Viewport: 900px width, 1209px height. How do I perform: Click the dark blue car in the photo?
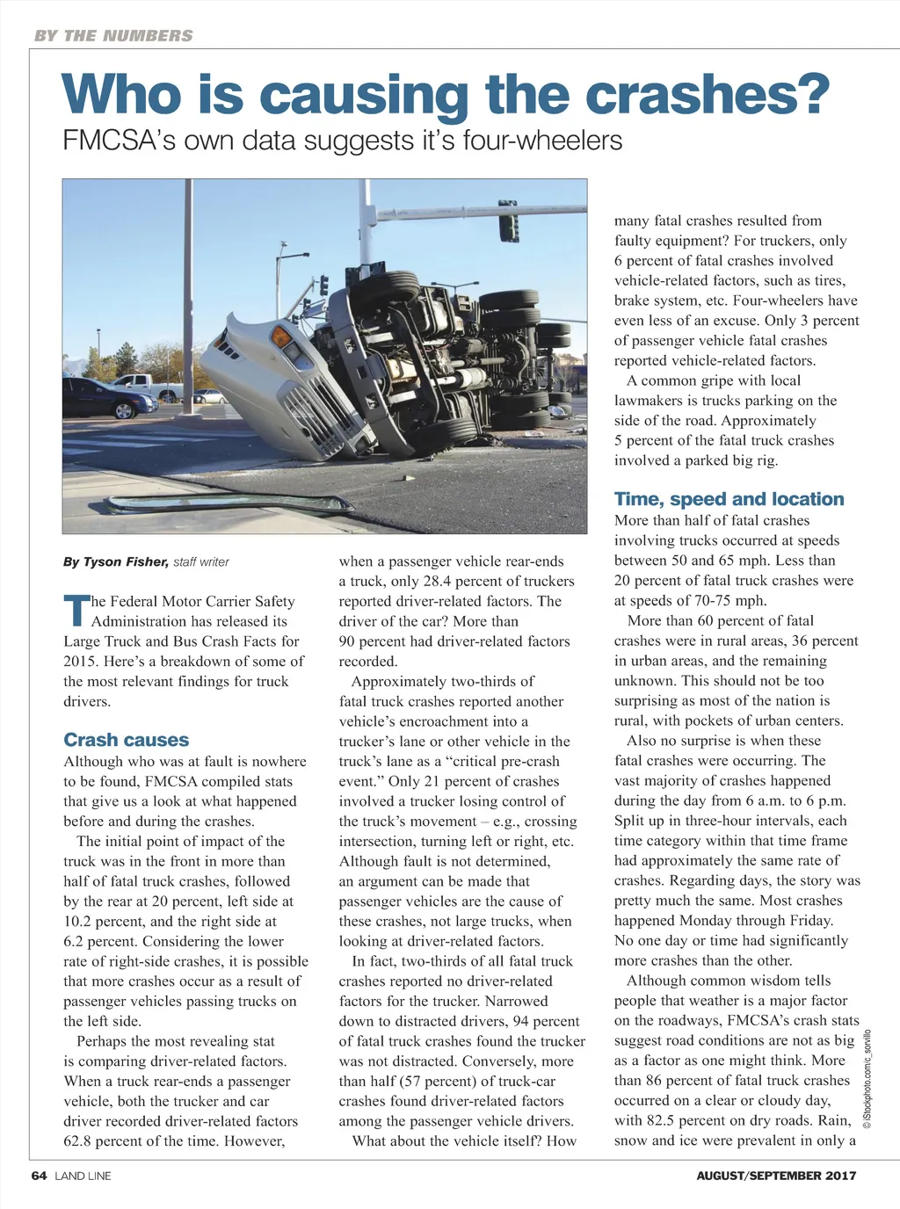108,396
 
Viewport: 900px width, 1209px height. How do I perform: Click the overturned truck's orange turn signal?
281,337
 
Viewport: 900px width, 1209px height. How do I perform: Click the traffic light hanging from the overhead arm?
508,221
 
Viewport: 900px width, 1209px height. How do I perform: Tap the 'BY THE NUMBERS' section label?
112,36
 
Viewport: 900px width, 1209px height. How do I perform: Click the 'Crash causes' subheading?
126,740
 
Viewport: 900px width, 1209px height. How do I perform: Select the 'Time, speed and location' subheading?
729,499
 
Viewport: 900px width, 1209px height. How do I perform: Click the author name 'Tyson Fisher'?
125,561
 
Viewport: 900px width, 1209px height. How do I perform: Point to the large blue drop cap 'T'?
76,611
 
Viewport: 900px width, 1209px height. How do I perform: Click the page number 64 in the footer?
39,1176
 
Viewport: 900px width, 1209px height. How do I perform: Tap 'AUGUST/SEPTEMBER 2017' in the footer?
775,1176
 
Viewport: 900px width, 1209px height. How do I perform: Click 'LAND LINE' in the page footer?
83,1176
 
